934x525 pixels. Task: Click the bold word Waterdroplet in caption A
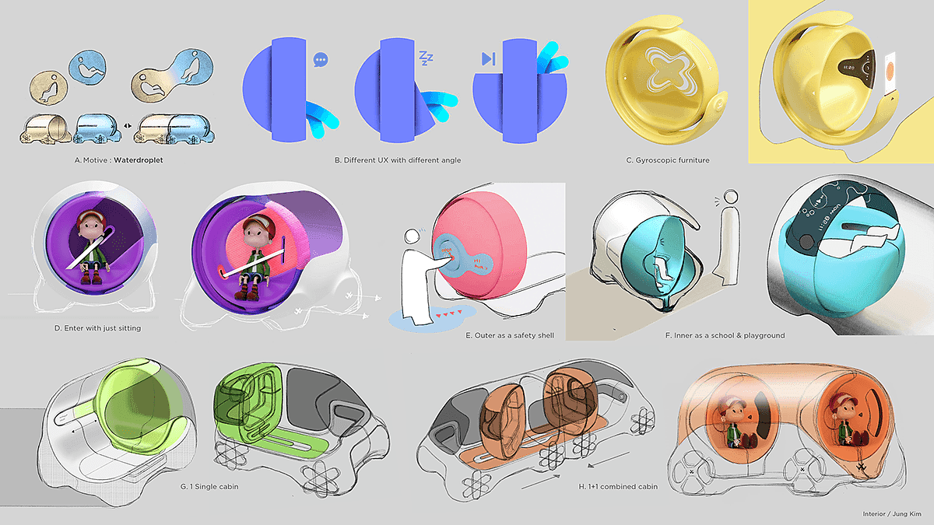(139, 160)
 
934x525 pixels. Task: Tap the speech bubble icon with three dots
(321, 60)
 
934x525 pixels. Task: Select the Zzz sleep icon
(426, 58)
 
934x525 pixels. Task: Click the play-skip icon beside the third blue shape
(488, 59)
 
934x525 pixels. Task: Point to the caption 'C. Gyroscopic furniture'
(668, 160)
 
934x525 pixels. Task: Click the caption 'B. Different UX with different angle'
(398, 160)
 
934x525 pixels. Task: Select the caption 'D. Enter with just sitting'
(97, 328)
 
